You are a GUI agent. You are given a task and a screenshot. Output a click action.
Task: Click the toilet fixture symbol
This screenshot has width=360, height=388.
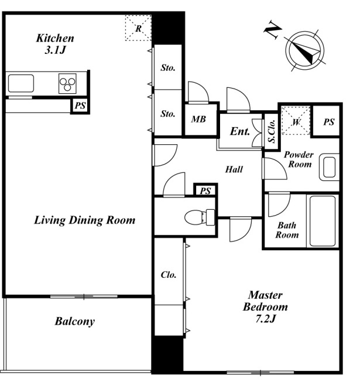pyautogui.click(x=200, y=217)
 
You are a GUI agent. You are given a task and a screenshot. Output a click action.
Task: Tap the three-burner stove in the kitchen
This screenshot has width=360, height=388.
pyautogui.click(x=67, y=83)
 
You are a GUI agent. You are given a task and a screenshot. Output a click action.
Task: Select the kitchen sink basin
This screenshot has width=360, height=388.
pyautogui.click(x=20, y=83)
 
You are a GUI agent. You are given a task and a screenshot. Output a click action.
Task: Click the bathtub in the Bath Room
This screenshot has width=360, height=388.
pyautogui.click(x=323, y=221)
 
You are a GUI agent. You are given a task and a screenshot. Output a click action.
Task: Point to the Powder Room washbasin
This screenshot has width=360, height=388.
pyautogui.click(x=329, y=167)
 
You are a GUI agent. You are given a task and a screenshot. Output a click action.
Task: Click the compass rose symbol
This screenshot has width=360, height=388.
pyautogui.click(x=304, y=50)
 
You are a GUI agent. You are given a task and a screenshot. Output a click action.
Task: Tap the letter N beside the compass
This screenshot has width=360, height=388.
pyautogui.click(x=273, y=30)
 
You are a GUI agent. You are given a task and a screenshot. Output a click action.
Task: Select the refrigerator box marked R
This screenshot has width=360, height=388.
pyautogui.click(x=138, y=28)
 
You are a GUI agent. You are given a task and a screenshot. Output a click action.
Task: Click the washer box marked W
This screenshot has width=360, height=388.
pyautogui.click(x=296, y=121)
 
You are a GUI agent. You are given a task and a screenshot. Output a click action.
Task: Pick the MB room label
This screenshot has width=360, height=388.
pyautogui.click(x=198, y=119)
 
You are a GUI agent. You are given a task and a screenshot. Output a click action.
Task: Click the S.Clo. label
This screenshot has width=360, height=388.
pyautogui.click(x=272, y=131)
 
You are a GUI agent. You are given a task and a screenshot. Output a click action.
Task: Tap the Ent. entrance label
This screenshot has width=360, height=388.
pyautogui.click(x=240, y=131)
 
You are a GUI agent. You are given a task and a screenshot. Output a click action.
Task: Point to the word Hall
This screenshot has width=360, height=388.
pyautogui.click(x=234, y=169)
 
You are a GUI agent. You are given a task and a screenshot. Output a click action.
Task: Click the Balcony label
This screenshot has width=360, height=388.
pyautogui.click(x=74, y=321)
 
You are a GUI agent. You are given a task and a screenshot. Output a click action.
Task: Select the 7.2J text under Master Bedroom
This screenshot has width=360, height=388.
pyautogui.click(x=265, y=319)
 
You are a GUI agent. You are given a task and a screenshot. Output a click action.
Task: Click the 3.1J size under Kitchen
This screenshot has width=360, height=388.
pyautogui.click(x=55, y=50)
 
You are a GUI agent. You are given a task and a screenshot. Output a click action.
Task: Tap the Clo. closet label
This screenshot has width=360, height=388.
pyautogui.click(x=169, y=275)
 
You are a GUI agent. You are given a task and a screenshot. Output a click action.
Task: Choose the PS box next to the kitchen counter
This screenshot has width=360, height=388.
pyautogui.click(x=80, y=105)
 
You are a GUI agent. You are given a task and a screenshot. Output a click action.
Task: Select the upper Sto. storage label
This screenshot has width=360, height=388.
pyautogui.click(x=168, y=67)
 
